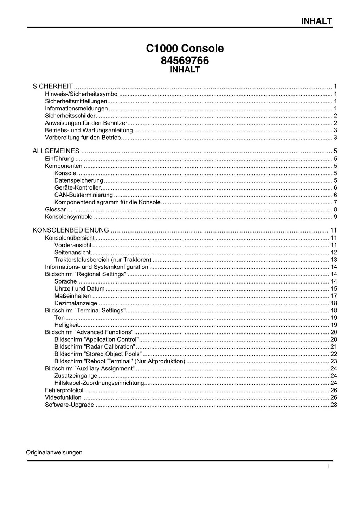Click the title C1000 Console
[185, 48]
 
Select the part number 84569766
[185, 61]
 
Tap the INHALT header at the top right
[316, 21]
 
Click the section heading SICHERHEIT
[53, 86]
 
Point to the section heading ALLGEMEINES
[56, 151]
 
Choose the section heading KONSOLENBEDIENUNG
[71, 230]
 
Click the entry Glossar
[55, 209]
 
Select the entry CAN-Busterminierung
[84, 195]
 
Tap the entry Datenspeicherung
[79, 180]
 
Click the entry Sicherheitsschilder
[70, 116]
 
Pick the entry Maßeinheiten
[72, 296]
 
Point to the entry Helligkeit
[66, 325]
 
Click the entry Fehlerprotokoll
[65, 390]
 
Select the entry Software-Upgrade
[69, 405]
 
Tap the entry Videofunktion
[63, 397]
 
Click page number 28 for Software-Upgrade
[334, 405]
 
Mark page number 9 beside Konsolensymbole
[335, 217]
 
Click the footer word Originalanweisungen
[54, 452]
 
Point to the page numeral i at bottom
[328, 466]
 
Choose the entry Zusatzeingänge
[76, 376]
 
